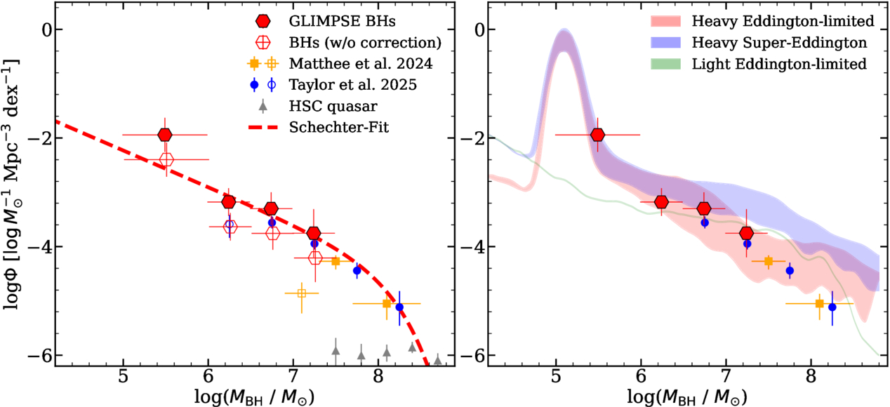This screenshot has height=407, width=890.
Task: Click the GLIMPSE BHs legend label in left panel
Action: (342, 21)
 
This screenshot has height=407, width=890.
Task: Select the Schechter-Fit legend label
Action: (339, 128)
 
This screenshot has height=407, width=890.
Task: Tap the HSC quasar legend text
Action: (333, 107)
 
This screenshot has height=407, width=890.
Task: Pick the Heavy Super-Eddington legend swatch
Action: (665, 43)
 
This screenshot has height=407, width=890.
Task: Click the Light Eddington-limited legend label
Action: (779, 64)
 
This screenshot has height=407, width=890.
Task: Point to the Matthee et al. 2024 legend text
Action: (361, 64)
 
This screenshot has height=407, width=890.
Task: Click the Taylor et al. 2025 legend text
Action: (353, 85)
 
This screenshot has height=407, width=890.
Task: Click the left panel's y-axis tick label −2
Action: (40, 138)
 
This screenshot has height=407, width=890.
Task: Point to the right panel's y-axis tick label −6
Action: (473, 355)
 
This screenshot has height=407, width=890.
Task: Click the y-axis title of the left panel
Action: (11, 185)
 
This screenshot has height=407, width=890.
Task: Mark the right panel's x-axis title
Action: (687, 396)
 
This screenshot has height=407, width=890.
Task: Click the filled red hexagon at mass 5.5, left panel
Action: (165, 135)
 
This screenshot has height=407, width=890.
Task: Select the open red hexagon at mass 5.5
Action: (166, 159)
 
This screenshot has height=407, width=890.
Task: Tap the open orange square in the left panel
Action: (302, 293)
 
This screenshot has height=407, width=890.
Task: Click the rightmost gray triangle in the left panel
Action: (437, 360)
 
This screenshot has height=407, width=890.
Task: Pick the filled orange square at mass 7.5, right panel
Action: (769, 261)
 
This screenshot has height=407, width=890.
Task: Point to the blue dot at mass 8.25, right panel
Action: (832, 307)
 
